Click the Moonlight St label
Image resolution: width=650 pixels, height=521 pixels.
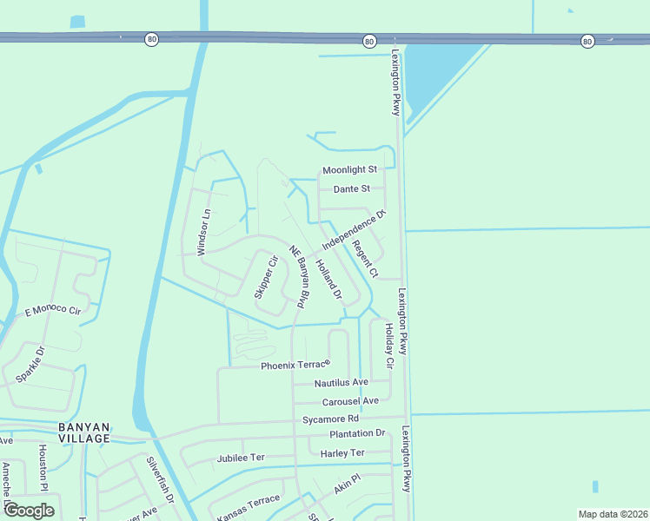349,170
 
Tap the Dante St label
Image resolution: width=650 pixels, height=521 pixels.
352,188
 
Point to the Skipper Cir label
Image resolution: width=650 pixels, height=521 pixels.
266,277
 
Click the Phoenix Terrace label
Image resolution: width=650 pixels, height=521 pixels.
296,366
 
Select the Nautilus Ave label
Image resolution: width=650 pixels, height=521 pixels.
342,383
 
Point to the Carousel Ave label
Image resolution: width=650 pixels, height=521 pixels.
350,401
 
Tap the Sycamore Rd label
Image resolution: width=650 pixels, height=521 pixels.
331,419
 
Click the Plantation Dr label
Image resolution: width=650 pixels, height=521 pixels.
356,433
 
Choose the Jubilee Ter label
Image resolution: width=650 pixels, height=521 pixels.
241,458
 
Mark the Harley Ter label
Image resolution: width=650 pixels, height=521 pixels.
342,452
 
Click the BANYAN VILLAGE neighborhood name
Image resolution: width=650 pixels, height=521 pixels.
84,432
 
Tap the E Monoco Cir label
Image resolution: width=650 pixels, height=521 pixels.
52,310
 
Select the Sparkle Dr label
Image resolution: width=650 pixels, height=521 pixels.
29,365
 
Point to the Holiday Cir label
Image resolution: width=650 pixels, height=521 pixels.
389,345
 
